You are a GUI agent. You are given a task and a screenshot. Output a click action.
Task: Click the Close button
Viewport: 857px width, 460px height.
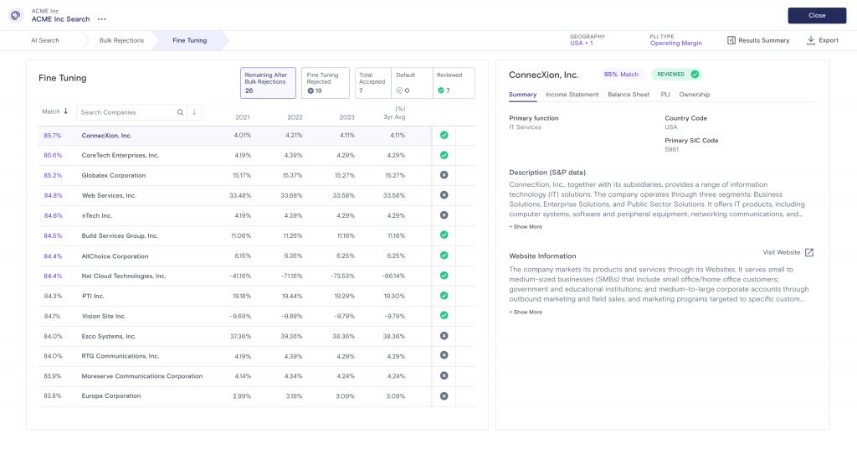pos(816,15)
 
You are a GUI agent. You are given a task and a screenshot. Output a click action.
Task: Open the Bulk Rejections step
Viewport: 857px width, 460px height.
pos(121,40)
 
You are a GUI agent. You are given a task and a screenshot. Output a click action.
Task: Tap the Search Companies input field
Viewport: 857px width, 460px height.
pos(127,112)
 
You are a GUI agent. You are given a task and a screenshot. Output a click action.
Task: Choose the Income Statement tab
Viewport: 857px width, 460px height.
pos(572,95)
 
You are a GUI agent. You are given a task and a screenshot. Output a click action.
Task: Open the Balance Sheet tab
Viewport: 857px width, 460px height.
pos(629,95)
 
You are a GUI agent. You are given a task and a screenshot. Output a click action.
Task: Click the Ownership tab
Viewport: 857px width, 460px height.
pos(695,95)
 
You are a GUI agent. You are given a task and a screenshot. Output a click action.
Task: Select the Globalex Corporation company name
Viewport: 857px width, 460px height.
pos(113,175)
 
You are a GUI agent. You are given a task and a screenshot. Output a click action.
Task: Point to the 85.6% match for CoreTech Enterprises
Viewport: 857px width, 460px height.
pos(53,155)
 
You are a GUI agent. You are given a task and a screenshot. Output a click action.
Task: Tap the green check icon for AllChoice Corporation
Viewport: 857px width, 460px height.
pos(444,256)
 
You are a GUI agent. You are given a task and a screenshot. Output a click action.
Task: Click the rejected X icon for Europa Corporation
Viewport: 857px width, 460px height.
pos(444,396)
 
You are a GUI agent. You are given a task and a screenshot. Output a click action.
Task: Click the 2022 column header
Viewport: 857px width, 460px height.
pos(295,117)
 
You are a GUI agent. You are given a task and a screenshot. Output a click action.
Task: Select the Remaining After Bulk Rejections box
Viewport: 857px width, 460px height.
pos(268,83)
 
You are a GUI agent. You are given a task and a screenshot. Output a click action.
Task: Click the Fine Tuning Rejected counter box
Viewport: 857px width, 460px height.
pos(325,83)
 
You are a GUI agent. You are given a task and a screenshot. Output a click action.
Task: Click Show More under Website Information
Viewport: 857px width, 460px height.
pos(526,312)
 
